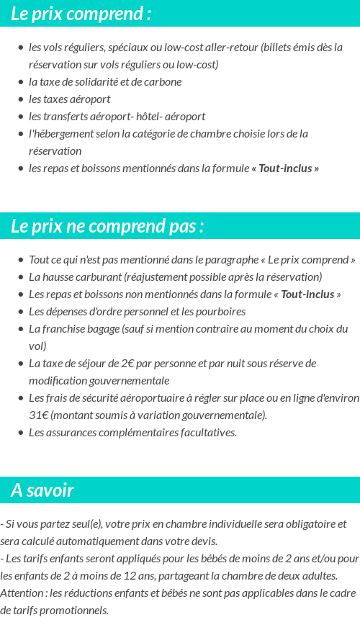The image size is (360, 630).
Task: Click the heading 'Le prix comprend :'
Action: pos(81,14)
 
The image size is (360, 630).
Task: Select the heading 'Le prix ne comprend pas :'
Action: pos(107,226)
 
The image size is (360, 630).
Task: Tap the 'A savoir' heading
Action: pos(42,490)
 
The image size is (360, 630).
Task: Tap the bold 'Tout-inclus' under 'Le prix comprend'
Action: pos(286,168)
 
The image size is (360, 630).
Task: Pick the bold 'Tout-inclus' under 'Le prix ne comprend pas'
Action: pos(307,294)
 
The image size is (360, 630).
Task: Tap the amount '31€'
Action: pos(38,415)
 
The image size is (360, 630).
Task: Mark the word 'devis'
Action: pos(204,541)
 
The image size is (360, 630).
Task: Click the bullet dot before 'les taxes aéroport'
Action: pos(20,99)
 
